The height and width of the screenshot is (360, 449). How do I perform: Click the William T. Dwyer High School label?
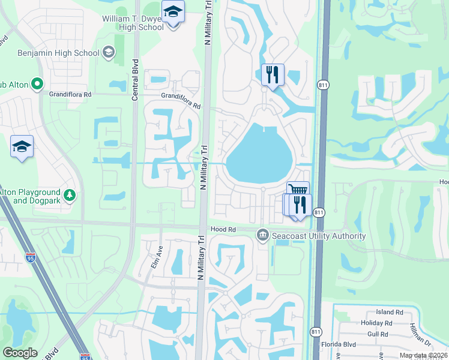(x=132, y=23)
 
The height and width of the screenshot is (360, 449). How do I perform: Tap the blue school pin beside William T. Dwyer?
(x=173, y=13)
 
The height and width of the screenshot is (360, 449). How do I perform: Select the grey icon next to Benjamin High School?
(x=109, y=53)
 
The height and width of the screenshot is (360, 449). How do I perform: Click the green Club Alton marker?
(x=37, y=85)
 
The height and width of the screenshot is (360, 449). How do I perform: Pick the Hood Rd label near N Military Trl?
(x=223, y=229)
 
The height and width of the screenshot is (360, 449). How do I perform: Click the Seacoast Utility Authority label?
(x=319, y=236)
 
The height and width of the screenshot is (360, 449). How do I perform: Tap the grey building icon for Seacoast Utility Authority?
(x=262, y=235)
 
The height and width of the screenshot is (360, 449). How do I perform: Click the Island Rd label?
(x=390, y=312)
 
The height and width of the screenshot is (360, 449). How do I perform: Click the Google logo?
(x=20, y=352)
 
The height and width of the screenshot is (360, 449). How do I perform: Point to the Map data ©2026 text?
(x=423, y=355)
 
